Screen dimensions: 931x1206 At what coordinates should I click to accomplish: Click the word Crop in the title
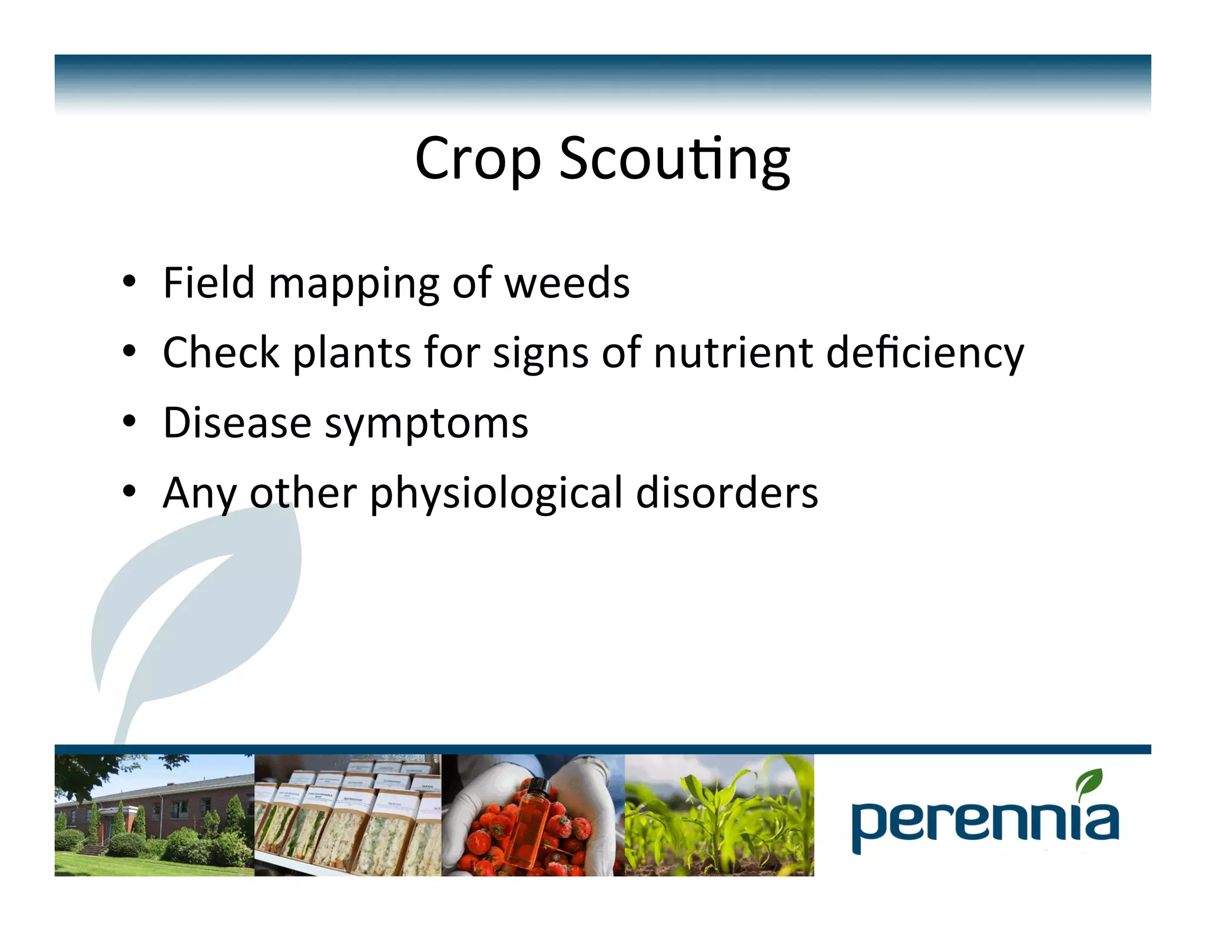pos(478,159)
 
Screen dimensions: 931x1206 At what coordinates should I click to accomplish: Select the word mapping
pos(353,285)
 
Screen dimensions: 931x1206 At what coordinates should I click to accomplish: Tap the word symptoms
pos(426,425)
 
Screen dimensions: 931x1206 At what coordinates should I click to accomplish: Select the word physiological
pos(496,494)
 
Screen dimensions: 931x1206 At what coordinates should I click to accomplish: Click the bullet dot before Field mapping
pos(130,282)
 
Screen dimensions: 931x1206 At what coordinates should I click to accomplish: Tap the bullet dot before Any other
pos(130,492)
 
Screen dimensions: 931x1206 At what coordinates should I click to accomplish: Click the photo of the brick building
pos(154,815)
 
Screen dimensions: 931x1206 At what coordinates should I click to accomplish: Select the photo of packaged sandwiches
pos(347,815)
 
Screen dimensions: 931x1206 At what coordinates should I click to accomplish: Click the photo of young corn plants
pos(719,815)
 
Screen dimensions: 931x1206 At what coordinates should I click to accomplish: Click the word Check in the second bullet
pos(221,353)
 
